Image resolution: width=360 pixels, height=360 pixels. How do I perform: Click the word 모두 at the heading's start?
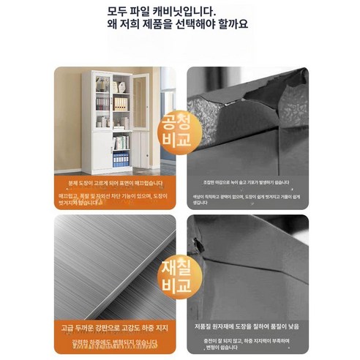(116, 10)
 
